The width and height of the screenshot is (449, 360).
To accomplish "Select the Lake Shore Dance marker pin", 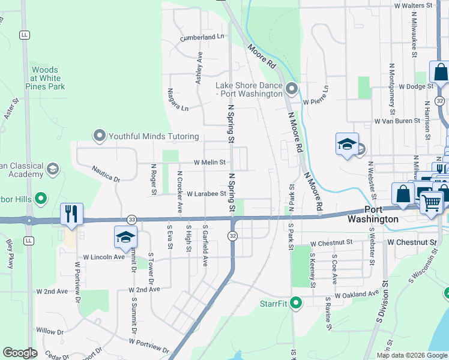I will pos(292,89).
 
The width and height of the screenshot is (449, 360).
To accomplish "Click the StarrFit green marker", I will pos(295,303).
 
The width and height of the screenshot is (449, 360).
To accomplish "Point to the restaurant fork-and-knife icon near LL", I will pos(71,213).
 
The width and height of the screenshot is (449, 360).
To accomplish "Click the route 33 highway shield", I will pos(131,220).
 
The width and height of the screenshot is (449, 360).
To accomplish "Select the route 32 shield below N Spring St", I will pos(232,236).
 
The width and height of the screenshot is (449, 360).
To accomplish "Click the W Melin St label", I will pos(209,162).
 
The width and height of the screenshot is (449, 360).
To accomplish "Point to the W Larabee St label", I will pos(206,194).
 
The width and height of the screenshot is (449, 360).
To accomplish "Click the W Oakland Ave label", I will pos(357,295).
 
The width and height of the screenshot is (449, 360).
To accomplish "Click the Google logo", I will pos(20,353).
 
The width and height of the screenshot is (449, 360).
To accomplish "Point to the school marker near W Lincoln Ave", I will pos(125,237).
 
